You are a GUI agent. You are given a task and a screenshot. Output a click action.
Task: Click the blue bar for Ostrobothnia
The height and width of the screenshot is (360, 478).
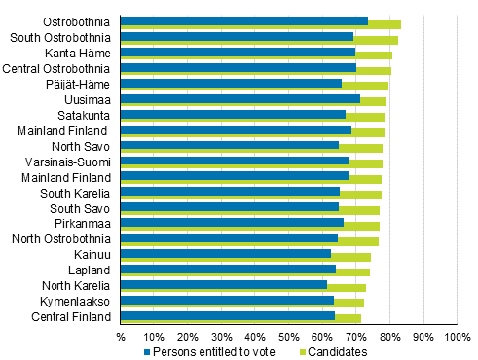[243, 20]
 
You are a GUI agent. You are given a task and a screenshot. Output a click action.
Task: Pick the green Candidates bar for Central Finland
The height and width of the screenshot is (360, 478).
[349, 318]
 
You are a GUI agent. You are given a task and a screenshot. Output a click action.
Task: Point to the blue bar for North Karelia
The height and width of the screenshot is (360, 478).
[223, 284]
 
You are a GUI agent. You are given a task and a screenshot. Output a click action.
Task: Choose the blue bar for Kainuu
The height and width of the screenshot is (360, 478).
[225, 253]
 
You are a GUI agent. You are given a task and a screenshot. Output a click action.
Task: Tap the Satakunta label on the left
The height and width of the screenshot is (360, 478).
[85, 115]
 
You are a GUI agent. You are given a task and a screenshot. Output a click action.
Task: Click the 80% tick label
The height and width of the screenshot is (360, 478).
[390, 338]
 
